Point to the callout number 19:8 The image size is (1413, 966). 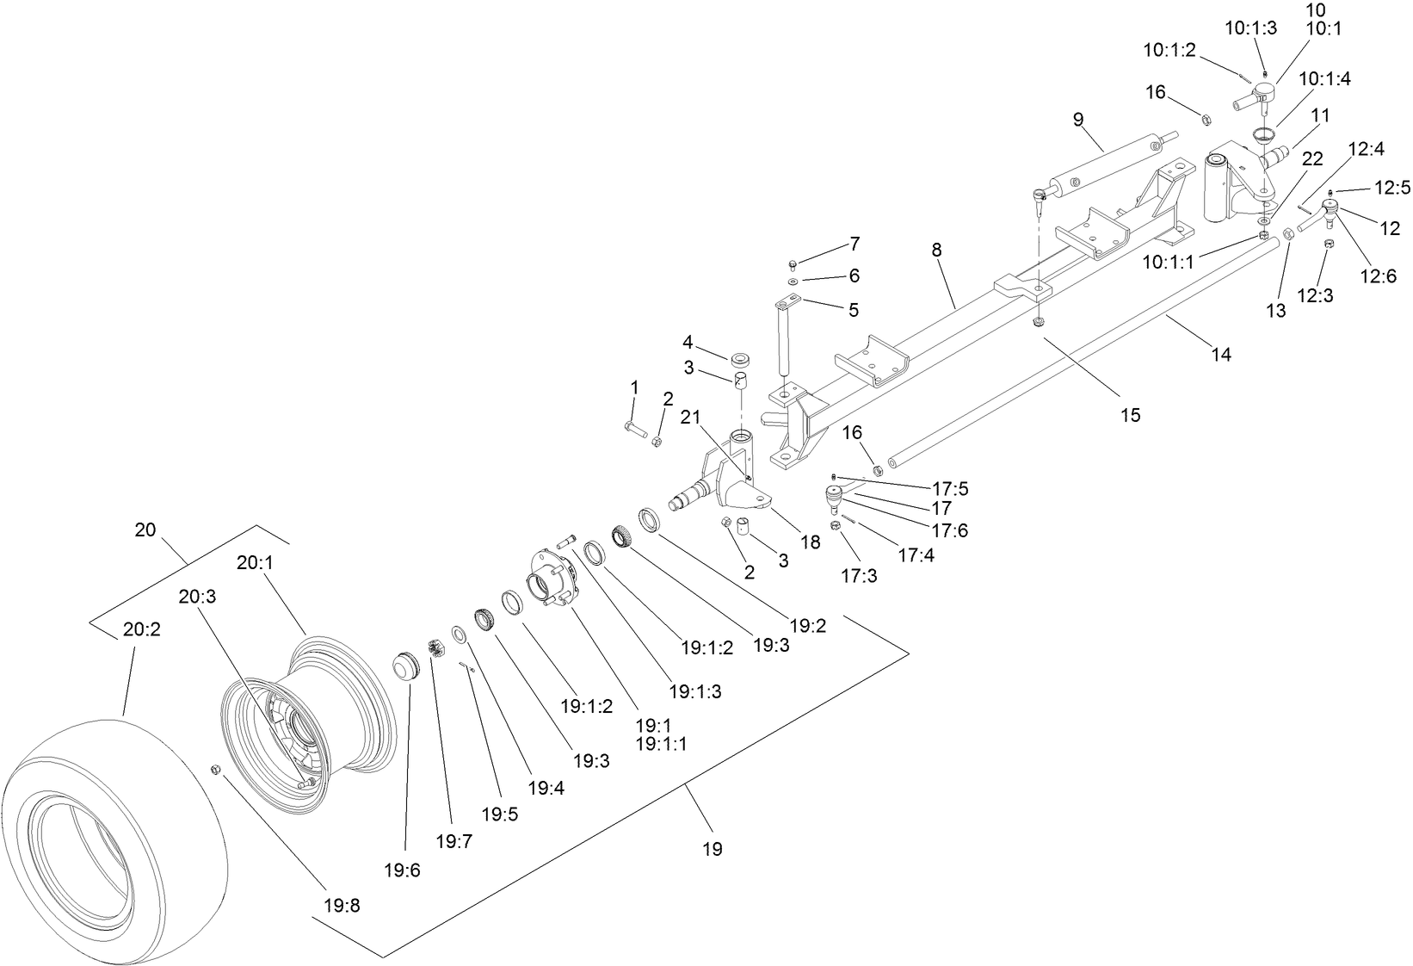coord(342,905)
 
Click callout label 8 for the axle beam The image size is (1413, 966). coord(936,251)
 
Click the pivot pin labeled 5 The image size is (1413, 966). coord(785,336)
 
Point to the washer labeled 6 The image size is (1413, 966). coord(792,282)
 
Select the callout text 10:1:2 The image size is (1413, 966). coord(1169,50)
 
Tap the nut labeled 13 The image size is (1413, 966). coord(1288,234)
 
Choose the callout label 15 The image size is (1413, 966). coord(1130,415)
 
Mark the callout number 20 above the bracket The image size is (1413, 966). coord(145,529)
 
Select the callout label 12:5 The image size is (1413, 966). coord(1392,186)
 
